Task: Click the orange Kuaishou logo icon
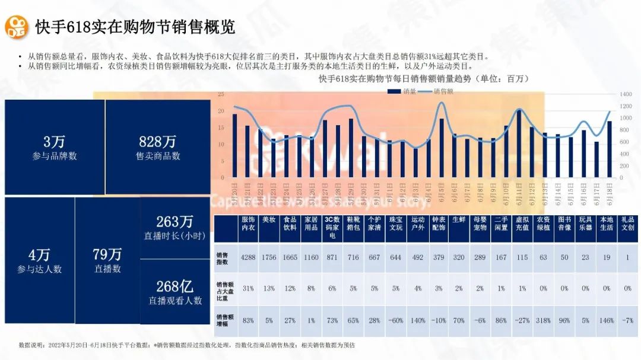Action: click(18, 27)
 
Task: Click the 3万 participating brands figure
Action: click(54, 142)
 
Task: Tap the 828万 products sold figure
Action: click(157, 142)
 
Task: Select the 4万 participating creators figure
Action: click(39, 256)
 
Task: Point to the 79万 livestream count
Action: click(107, 255)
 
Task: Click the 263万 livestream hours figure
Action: click(174, 222)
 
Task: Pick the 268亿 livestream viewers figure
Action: click(174, 287)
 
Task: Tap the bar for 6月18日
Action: click(609, 149)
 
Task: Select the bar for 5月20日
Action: click(234, 145)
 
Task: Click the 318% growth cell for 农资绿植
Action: click(543, 320)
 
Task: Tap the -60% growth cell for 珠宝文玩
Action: click(396, 320)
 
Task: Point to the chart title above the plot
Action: click(423, 78)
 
